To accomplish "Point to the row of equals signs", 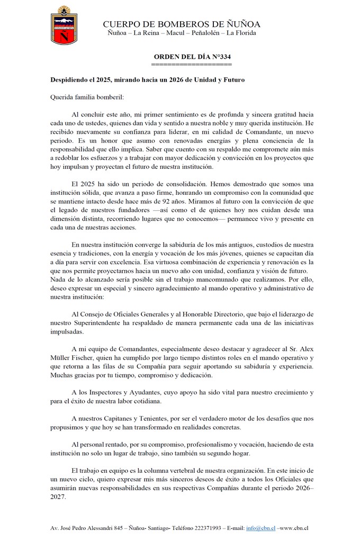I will [x=192, y=64].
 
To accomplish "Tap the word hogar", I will [x=240, y=453].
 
